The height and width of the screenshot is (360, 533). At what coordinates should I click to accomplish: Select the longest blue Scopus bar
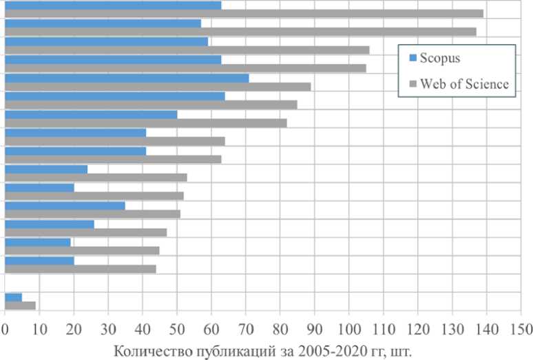(127, 78)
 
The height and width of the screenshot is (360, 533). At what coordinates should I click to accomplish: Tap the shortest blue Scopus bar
(13, 297)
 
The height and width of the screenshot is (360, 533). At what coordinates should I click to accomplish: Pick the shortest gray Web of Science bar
(20, 306)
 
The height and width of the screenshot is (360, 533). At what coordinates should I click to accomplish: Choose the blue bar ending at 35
(65, 205)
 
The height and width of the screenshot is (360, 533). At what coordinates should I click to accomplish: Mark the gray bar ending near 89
(158, 87)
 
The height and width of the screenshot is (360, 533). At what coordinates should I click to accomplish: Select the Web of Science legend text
(465, 84)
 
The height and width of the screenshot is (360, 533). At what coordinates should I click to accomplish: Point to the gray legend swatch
(412, 84)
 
